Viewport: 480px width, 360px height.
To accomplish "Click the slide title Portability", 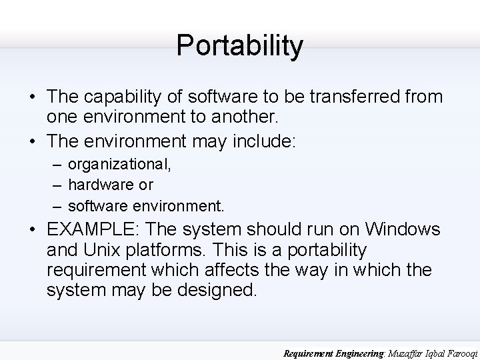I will click(x=239, y=45).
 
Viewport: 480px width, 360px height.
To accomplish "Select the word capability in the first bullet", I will click(x=127, y=97).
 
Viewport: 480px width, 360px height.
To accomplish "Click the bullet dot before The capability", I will click(x=31, y=97).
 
